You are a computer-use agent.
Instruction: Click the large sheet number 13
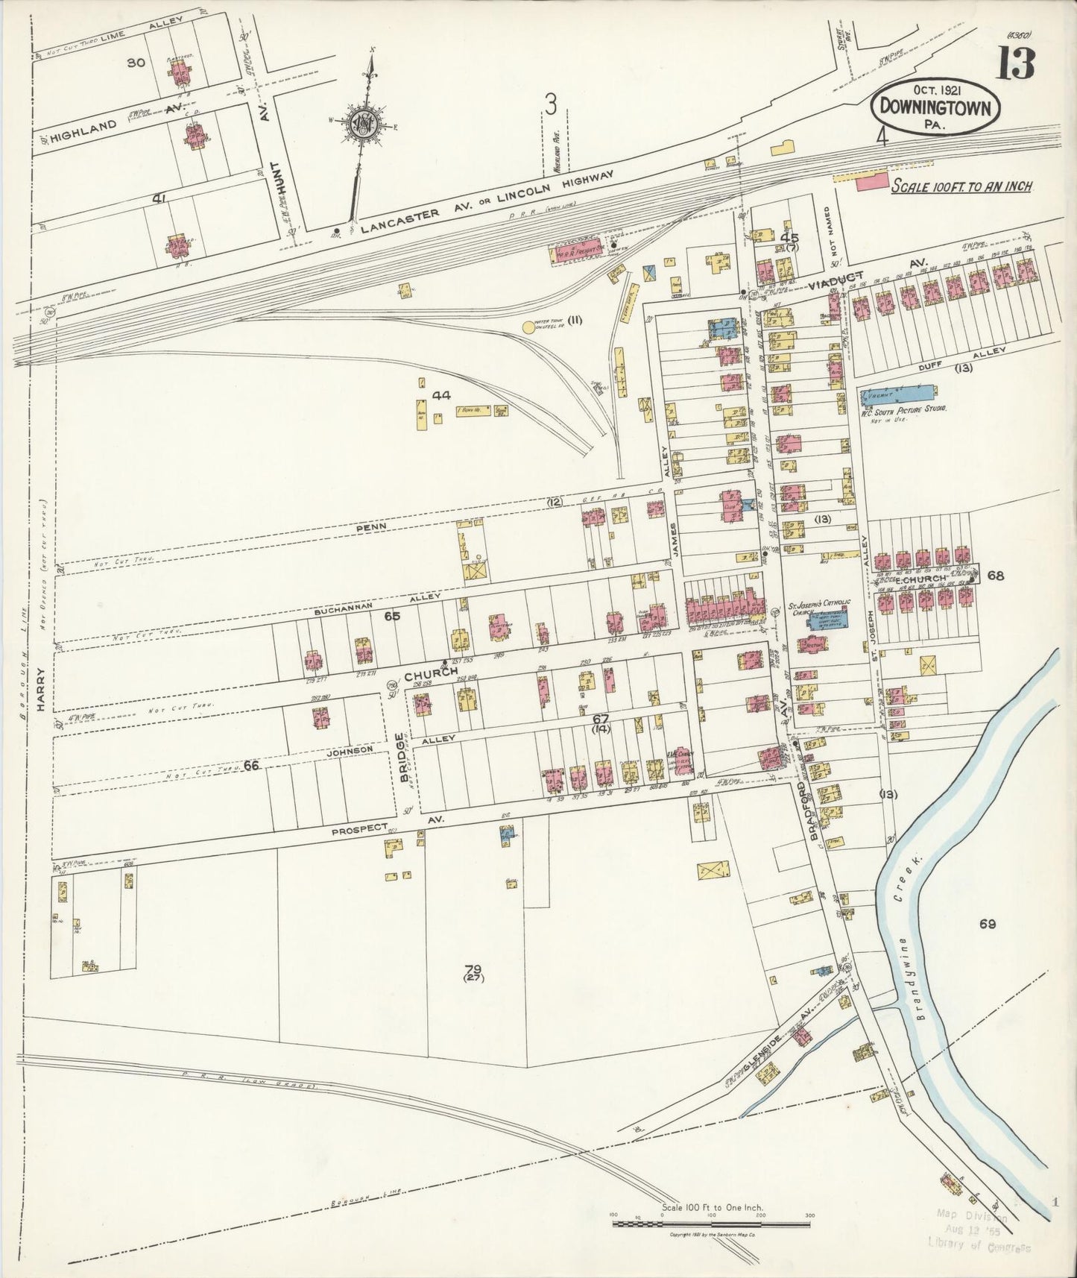1016,64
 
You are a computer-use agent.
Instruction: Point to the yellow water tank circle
530,326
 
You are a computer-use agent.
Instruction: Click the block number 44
441,396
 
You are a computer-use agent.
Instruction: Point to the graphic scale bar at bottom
711,1221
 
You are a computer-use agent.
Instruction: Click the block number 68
995,575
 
